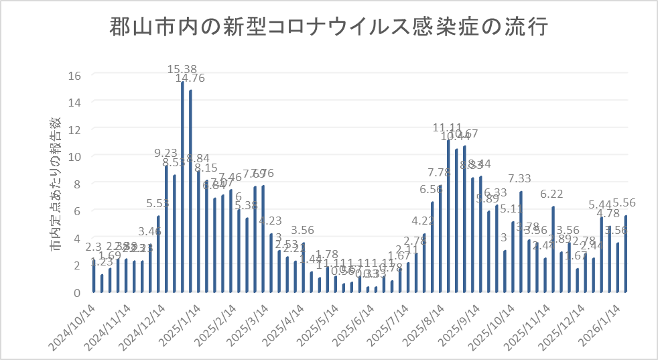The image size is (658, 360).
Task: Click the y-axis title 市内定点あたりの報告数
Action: (57, 186)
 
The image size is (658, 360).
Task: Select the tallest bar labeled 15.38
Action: (182, 188)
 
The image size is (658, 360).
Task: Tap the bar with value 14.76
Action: (190, 191)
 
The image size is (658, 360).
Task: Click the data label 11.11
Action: (448, 128)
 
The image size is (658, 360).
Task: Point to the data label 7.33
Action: (520, 178)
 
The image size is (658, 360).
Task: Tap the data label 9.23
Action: (166, 153)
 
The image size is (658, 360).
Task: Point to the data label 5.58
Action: (157, 202)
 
